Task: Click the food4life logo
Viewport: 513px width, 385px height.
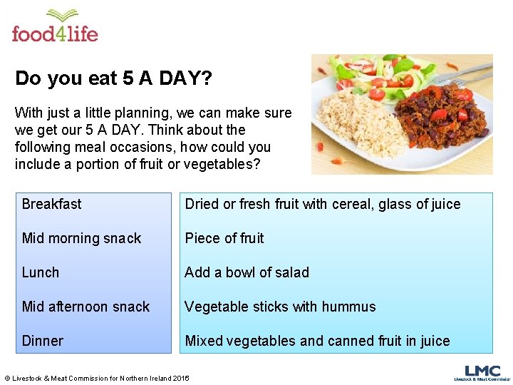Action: (55, 26)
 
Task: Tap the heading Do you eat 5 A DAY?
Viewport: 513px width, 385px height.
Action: (113, 78)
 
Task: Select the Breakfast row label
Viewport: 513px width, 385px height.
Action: (51, 204)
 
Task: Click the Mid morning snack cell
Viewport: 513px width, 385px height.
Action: (81, 238)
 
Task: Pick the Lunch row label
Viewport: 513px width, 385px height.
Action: (41, 272)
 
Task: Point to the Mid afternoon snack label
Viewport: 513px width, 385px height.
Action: (85, 307)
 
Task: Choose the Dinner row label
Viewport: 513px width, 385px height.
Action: (43, 341)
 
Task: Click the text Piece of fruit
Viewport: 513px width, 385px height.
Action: (224, 238)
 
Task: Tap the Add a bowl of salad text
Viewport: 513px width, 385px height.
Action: (247, 272)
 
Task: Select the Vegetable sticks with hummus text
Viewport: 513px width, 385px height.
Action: (280, 307)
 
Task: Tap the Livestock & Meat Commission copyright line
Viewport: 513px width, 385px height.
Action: (97, 378)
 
